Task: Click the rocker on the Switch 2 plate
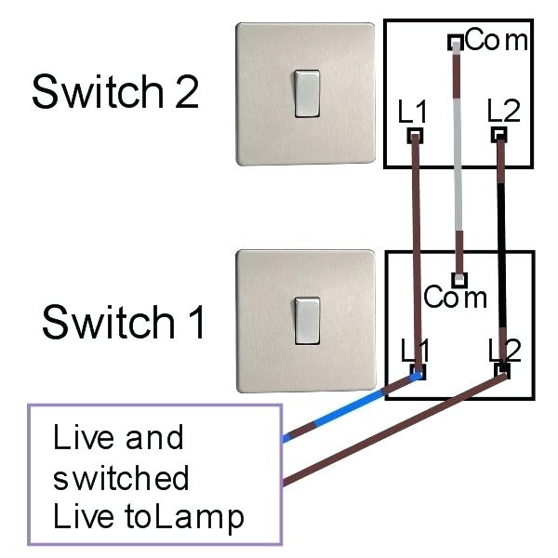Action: (307, 94)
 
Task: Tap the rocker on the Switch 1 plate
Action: (307, 321)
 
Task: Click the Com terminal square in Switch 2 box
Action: (455, 42)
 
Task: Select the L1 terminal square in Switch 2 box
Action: (414, 136)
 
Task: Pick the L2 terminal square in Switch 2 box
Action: (499, 136)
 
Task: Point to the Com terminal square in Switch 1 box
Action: (458, 277)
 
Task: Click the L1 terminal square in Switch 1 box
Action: (417, 372)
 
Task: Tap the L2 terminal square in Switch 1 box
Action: (503, 370)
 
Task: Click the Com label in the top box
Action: (496, 40)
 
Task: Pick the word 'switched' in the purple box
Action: (121, 478)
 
